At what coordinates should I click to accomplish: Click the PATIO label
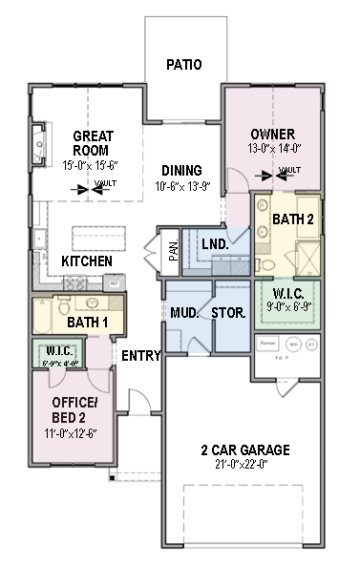point(184,66)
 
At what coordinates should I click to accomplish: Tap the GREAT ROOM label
point(91,143)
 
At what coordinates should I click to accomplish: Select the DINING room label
point(180,170)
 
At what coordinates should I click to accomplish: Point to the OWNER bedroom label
point(272,134)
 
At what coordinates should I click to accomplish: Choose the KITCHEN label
point(87,261)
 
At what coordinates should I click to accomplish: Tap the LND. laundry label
point(215,244)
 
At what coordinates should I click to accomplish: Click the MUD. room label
point(183,313)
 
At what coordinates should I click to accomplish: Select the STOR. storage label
point(229,313)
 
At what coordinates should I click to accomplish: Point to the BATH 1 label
point(87,324)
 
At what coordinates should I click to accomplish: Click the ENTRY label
point(140,356)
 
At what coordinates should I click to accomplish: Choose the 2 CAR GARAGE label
point(245,450)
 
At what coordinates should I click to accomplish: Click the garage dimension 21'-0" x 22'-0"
point(245,464)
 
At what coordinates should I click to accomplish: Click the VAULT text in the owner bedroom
point(288,173)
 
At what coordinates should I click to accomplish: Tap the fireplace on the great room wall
point(39,145)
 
